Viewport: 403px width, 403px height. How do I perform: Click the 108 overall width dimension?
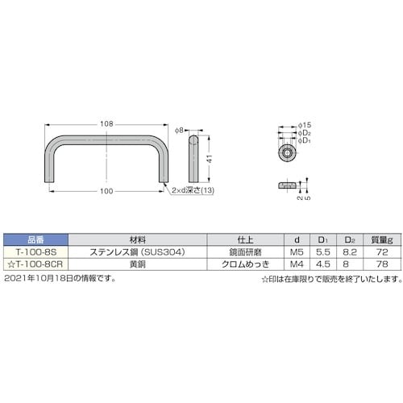(x=107, y=123)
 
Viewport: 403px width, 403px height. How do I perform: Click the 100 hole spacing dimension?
(x=107, y=191)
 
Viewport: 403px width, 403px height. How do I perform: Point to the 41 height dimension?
(x=207, y=160)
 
